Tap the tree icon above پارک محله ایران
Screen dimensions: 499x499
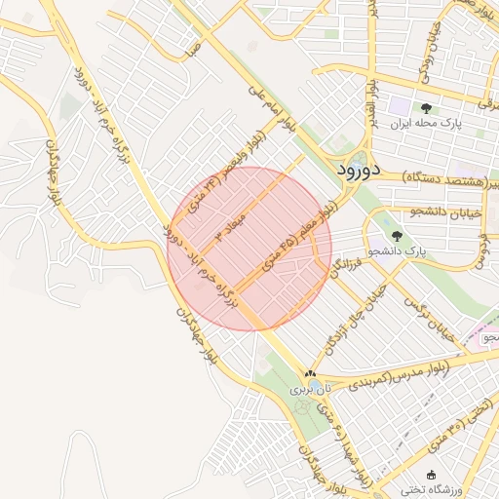point(426,108)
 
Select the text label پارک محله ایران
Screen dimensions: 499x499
point(425,125)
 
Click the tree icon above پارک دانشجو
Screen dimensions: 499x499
point(396,235)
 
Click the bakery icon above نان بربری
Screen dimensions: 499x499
point(310,373)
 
